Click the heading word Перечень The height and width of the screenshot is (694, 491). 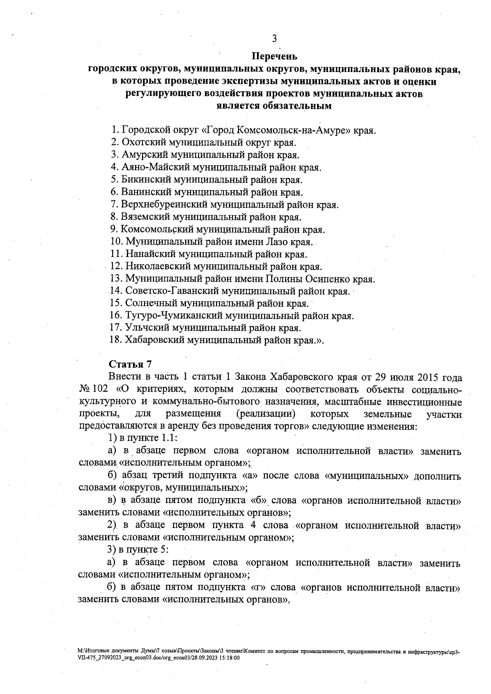tap(274, 56)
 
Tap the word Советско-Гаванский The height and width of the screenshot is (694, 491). tap(172, 292)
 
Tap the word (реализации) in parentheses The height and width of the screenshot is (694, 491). tap(266, 414)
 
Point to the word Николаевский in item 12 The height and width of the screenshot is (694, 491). tap(157, 267)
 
